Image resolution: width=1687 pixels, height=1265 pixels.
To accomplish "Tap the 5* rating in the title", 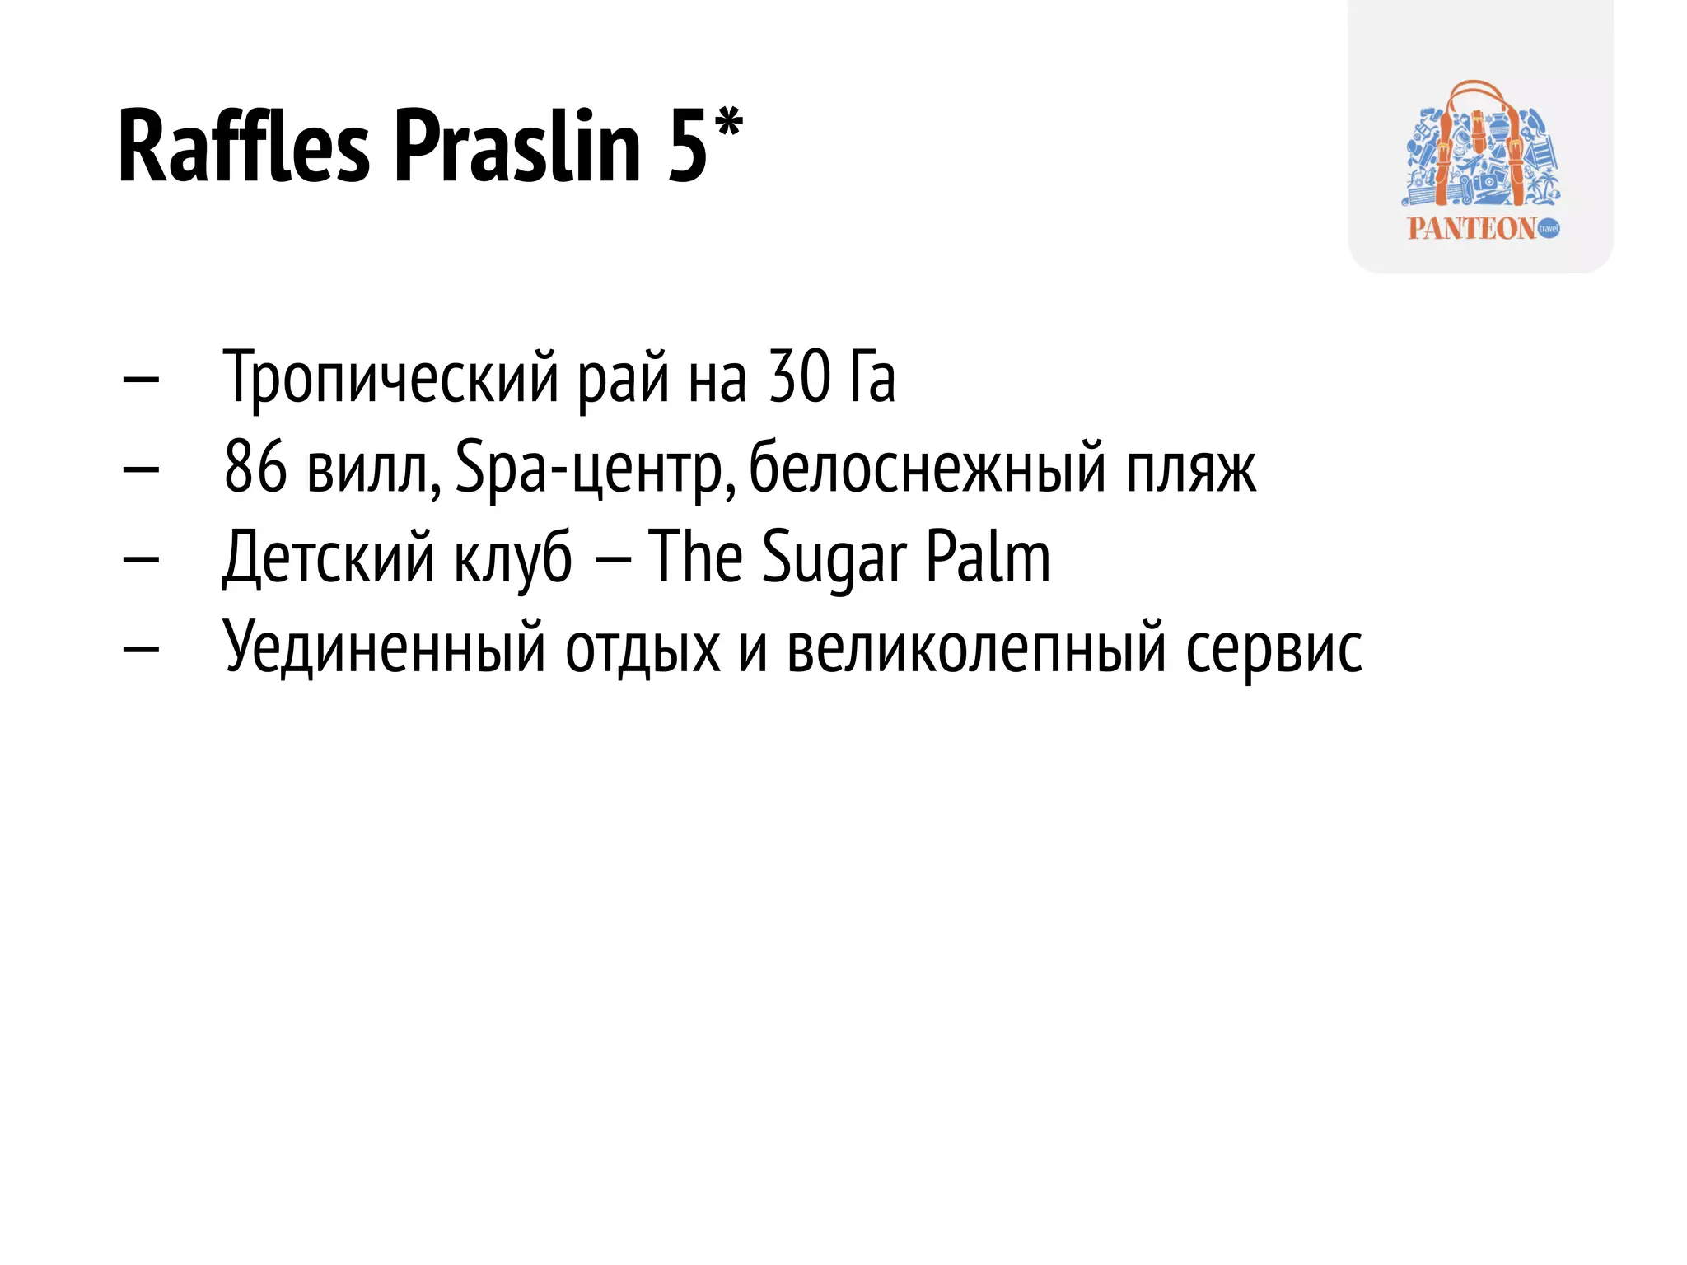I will pos(705,144).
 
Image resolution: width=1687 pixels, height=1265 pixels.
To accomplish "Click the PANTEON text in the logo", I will pos(1471,228).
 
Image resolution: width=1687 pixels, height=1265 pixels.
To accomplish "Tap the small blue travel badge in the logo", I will pos(1549,228).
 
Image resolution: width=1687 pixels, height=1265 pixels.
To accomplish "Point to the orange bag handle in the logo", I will pos(1474,95).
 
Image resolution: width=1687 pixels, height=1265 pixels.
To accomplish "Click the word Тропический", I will pos(390,377).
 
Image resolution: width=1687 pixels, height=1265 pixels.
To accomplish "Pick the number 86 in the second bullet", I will pos(255,467).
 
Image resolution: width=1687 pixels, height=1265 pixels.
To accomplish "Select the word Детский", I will pos(328,558).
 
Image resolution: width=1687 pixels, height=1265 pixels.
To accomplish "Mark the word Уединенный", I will pos(384,648).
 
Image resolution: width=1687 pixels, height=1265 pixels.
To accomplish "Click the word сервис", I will pos(1273,648).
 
